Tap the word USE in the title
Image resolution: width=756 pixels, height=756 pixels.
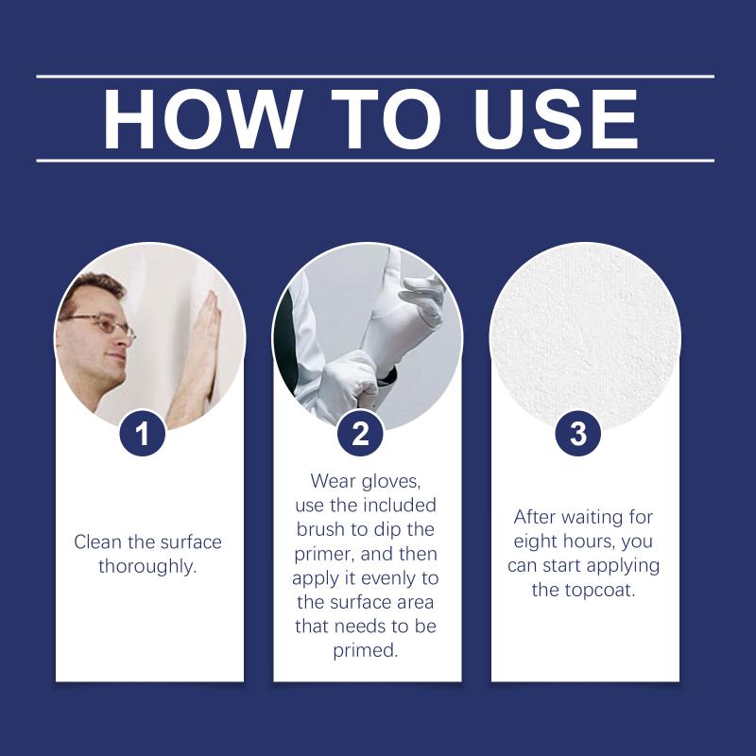[556, 119]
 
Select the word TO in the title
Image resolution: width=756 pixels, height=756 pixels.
[387, 119]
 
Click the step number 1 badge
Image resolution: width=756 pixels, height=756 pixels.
[143, 433]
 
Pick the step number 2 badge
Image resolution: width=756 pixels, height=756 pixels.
[361, 433]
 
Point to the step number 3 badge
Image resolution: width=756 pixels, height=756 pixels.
[578, 433]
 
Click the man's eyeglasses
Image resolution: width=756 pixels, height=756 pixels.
[99, 324]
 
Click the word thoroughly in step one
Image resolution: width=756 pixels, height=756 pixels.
[147, 566]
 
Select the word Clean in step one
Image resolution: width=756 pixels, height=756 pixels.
[98, 541]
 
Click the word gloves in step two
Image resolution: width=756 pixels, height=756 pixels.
[391, 482]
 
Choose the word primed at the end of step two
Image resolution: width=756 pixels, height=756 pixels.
[366, 651]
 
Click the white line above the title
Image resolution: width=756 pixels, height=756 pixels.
[375, 77]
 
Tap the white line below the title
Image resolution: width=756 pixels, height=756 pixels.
[375, 161]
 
